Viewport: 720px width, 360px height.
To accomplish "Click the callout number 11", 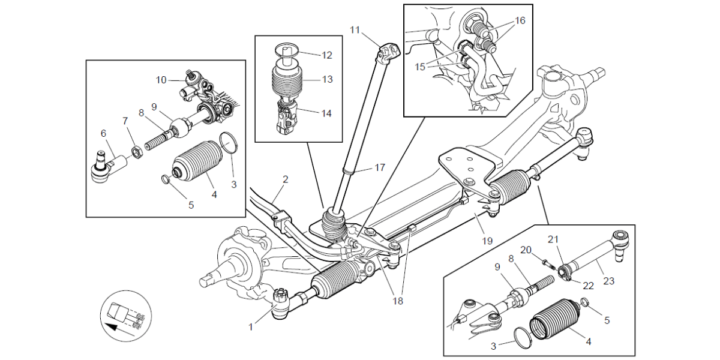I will (x=355, y=29).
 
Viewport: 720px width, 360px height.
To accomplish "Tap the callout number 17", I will (x=379, y=168).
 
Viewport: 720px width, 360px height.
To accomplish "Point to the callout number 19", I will (x=487, y=241).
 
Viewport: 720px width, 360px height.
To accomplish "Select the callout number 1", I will (x=251, y=327).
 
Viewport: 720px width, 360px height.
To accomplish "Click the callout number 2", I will (x=286, y=179).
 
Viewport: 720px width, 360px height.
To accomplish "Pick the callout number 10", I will (x=161, y=79).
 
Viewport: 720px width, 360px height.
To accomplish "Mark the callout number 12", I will (x=327, y=55).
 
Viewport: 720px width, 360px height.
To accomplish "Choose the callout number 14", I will (x=327, y=113).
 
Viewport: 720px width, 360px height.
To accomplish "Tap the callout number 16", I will (x=520, y=20).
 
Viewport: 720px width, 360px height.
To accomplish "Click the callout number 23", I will (x=609, y=281).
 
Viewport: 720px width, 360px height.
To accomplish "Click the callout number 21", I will (x=553, y=239).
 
